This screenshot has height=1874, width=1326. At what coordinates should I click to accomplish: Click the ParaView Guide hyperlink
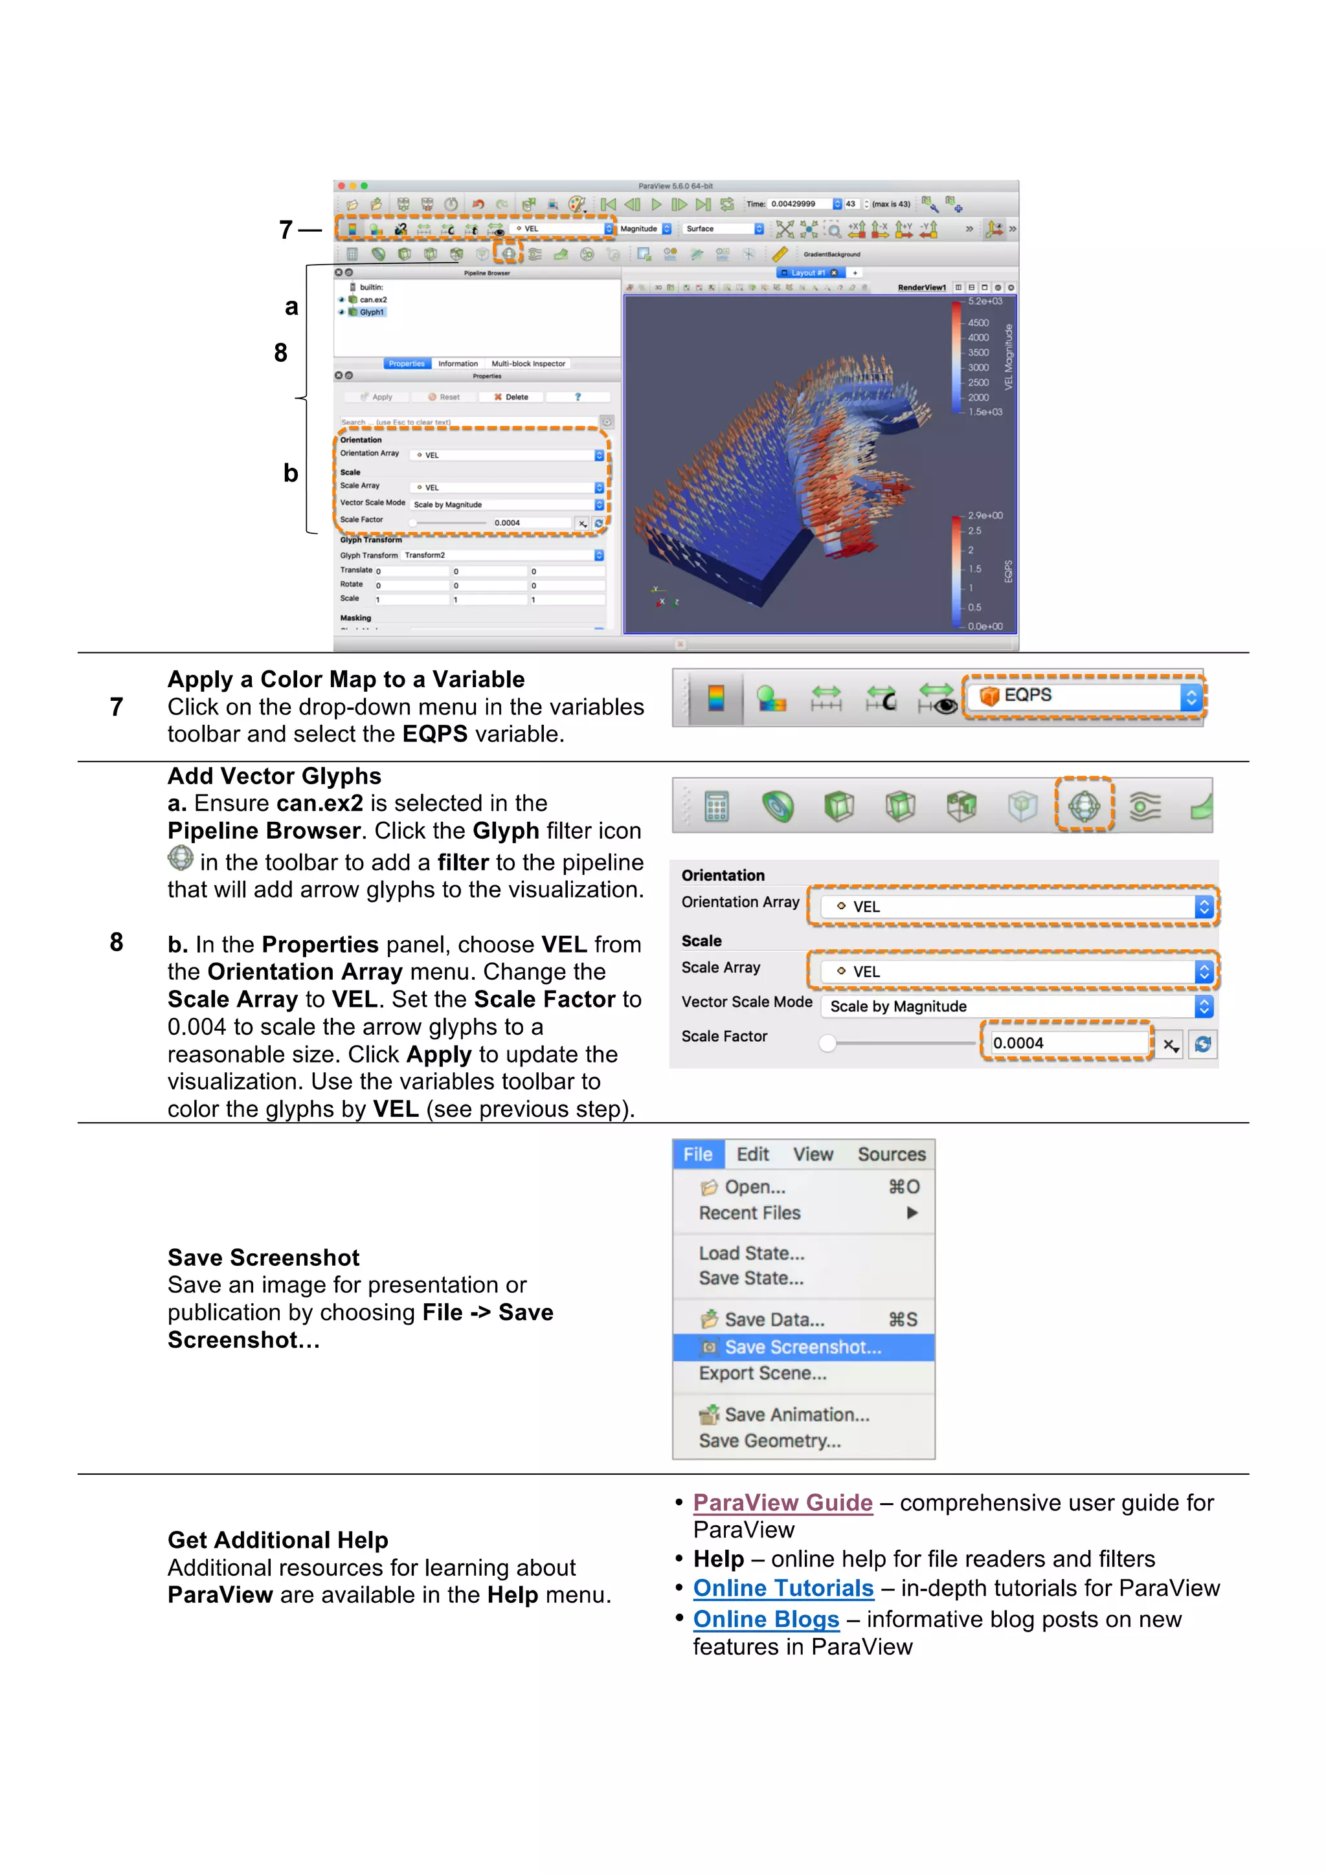coord(782,1503)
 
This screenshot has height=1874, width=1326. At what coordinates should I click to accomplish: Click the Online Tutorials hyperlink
coord(783,1589)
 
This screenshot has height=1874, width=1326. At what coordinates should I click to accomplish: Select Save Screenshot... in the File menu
coord(803,1347)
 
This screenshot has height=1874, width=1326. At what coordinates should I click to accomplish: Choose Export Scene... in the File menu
coord(763,1374)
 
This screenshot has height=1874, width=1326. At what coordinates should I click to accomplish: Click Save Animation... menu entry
coord(796,1415)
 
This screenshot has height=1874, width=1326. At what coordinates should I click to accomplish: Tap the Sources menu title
coord(891,1154)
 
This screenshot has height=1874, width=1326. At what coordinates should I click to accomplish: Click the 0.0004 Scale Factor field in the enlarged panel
coord(1066,1043)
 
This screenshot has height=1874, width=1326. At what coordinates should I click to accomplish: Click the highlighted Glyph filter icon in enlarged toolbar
coord(1084,806)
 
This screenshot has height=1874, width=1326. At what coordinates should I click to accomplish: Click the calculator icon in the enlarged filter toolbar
coord(716,807)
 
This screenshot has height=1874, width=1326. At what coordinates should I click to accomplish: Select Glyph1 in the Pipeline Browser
coord(372,313)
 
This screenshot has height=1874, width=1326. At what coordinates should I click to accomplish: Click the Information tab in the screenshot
coord(457,364)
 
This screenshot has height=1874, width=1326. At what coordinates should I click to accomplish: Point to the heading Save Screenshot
coord(263,1258)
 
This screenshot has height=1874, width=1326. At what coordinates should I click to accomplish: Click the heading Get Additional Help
coord(278,1540)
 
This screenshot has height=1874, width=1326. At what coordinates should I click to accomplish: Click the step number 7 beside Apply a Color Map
coord(117,707)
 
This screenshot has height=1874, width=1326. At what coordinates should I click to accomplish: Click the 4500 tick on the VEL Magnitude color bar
coord(978,323)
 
